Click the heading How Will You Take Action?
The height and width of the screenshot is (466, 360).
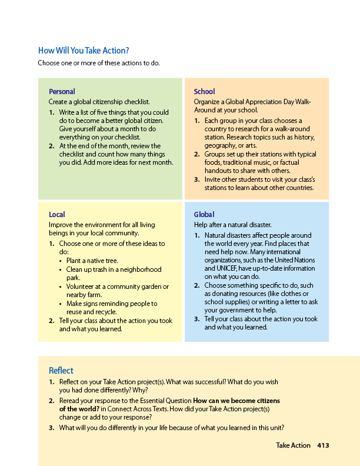point(84,51)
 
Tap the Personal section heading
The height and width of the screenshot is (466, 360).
point(62,91)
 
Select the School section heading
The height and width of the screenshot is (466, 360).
point(204,91)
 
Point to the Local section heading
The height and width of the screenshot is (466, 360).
point(57,215)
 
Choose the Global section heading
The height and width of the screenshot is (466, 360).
point(204,215)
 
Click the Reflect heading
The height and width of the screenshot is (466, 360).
point(61,370)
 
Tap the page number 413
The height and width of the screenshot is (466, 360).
point(323,445)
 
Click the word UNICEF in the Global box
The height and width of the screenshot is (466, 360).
point(216,268)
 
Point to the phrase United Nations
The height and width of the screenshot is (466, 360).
point(296,260)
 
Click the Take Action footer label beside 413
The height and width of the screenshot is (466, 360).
point(293,445)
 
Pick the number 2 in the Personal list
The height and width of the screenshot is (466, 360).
point(52,146)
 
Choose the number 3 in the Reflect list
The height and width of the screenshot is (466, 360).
point(52,428)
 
